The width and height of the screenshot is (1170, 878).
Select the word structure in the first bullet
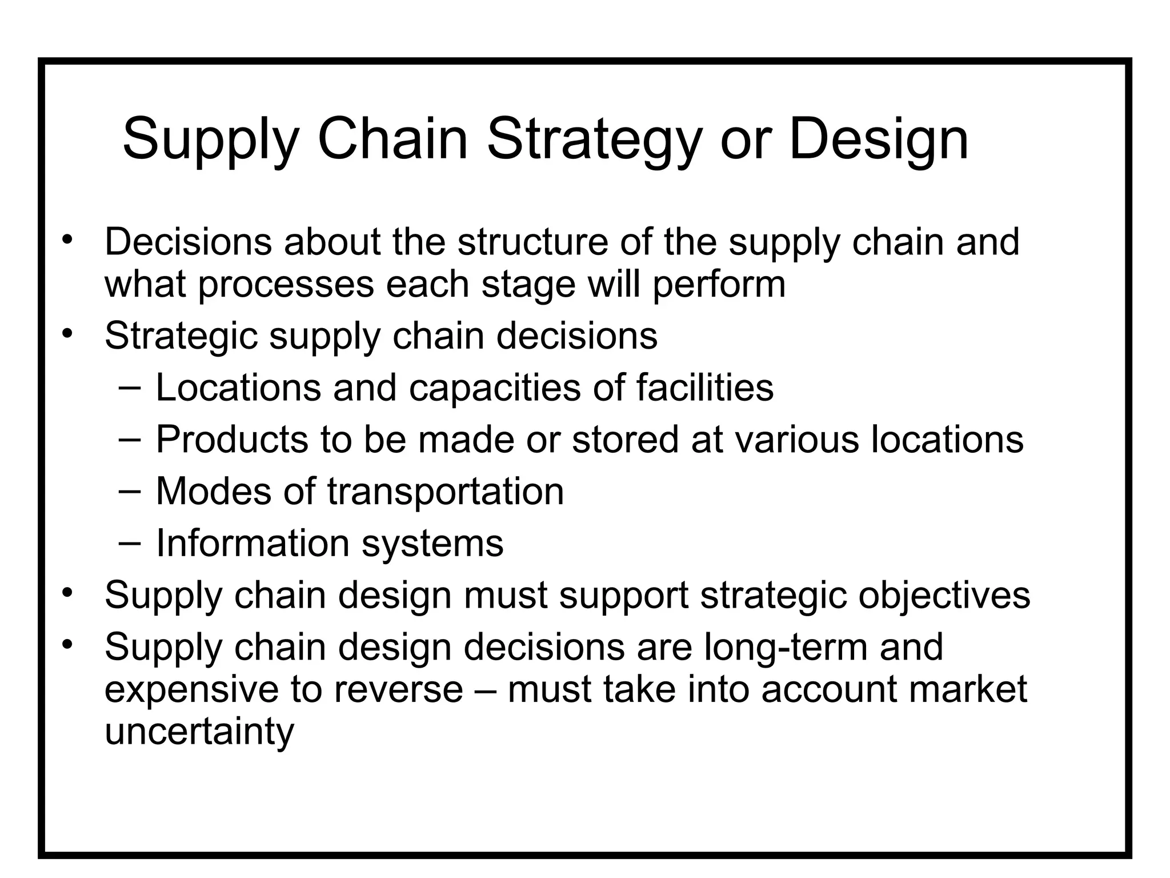click(532, 242)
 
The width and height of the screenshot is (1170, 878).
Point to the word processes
click(286, 285)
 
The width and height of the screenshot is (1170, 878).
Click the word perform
click(719, 285)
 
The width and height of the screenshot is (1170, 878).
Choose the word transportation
click(445, 491)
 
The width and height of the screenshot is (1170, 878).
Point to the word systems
click(432, 544)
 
